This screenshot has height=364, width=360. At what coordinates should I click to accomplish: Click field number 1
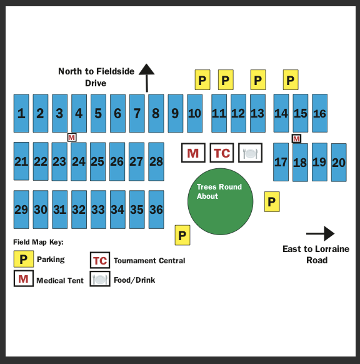click(21, 113)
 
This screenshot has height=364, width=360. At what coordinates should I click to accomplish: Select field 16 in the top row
click(319, 113)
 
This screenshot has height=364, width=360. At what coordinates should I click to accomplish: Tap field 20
click(339, 163)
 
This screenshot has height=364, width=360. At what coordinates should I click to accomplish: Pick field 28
click(156, 161)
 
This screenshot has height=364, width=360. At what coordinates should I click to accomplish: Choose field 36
click(156, 210)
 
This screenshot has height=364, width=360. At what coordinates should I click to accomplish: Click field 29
click(21, 210)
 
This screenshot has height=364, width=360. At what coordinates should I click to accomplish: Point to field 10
click(194, 113)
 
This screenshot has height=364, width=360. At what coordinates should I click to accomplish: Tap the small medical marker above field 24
click(72, 138)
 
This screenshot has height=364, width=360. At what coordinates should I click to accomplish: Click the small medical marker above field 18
click(296, 139)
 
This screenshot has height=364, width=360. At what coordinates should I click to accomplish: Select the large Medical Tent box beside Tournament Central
click(193, 153)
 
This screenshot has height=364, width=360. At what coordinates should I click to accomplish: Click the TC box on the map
click(222, 153)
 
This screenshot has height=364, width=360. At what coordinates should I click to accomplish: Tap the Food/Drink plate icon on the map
click(250, 153)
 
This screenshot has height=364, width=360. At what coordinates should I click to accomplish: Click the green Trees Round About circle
click(221, 201)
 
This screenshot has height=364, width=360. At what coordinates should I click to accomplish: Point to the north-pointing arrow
click(147, 78)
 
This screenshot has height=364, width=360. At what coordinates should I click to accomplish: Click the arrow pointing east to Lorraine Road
click(321, 233)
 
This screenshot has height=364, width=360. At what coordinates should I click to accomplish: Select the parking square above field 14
click(291, 79)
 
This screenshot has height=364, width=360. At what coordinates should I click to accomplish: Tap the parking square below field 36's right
click(182, 235)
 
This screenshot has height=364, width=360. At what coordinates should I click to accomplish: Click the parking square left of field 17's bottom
click(272, 202)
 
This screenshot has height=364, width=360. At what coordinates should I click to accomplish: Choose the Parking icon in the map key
click(23, 259)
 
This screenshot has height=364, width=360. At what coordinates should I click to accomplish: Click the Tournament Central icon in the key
click(100, 260)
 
